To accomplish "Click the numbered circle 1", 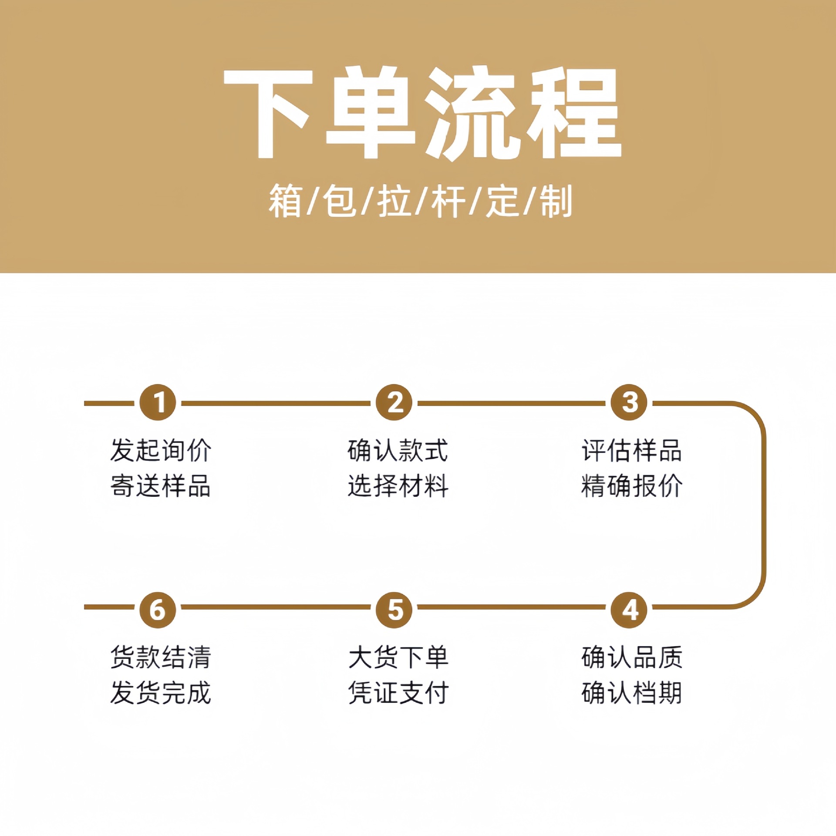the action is tap(158, 402).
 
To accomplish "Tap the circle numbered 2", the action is tap(394, 402).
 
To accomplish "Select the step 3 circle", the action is tap(629, 402).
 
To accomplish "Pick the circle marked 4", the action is tap(629, 610).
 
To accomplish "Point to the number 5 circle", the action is tap(394, 610).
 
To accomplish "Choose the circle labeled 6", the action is tap(158, 610).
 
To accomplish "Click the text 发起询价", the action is tap(161, 450).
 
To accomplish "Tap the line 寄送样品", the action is tap(161, 486).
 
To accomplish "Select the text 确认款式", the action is tap(398, 450).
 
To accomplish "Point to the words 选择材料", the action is tap(398, 486).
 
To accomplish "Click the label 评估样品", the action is tap(632, 450).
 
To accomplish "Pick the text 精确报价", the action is tap(632, 486).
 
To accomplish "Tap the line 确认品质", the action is tap(632, 657).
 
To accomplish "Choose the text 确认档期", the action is tap(632, 693).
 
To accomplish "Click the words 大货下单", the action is tap(398, 657).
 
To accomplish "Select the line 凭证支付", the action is tap(398, 693).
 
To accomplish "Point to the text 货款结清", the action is tap(161, 657).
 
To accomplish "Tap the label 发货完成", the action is tap(161, 693).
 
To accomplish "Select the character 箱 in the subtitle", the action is tap(285, 201).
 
